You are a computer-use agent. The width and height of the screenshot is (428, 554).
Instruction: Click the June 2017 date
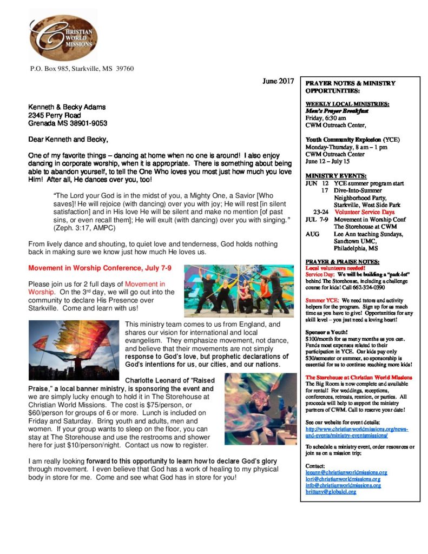(278, 81)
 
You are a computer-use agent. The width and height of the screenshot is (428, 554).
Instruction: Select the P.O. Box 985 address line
(82, 69)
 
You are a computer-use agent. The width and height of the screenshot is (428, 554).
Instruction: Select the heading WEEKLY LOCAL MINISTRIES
(347, 104)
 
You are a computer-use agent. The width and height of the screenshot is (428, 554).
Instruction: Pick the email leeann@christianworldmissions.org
(346, 472)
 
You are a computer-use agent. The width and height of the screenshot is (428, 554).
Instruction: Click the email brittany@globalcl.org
(331, 492)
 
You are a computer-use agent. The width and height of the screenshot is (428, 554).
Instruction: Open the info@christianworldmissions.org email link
(343, 485)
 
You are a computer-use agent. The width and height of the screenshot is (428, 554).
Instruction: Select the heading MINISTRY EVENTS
(336, 176)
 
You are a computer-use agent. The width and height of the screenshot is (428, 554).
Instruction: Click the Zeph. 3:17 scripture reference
(76, 229)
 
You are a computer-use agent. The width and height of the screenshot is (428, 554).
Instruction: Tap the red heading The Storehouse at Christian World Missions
(359, 377)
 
